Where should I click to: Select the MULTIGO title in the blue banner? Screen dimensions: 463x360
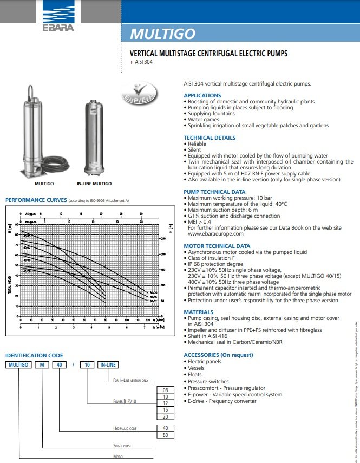click(162, 34)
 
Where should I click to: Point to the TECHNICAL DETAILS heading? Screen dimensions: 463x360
click(210, 138)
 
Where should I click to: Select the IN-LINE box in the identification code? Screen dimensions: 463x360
click(107, 365)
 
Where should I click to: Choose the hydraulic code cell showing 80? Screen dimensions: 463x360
click(165, 434)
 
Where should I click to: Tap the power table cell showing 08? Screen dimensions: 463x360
click(165, 390)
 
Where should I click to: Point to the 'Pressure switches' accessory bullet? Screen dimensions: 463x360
click(208, 381)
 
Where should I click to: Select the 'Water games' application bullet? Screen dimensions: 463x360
click(204, 119)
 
